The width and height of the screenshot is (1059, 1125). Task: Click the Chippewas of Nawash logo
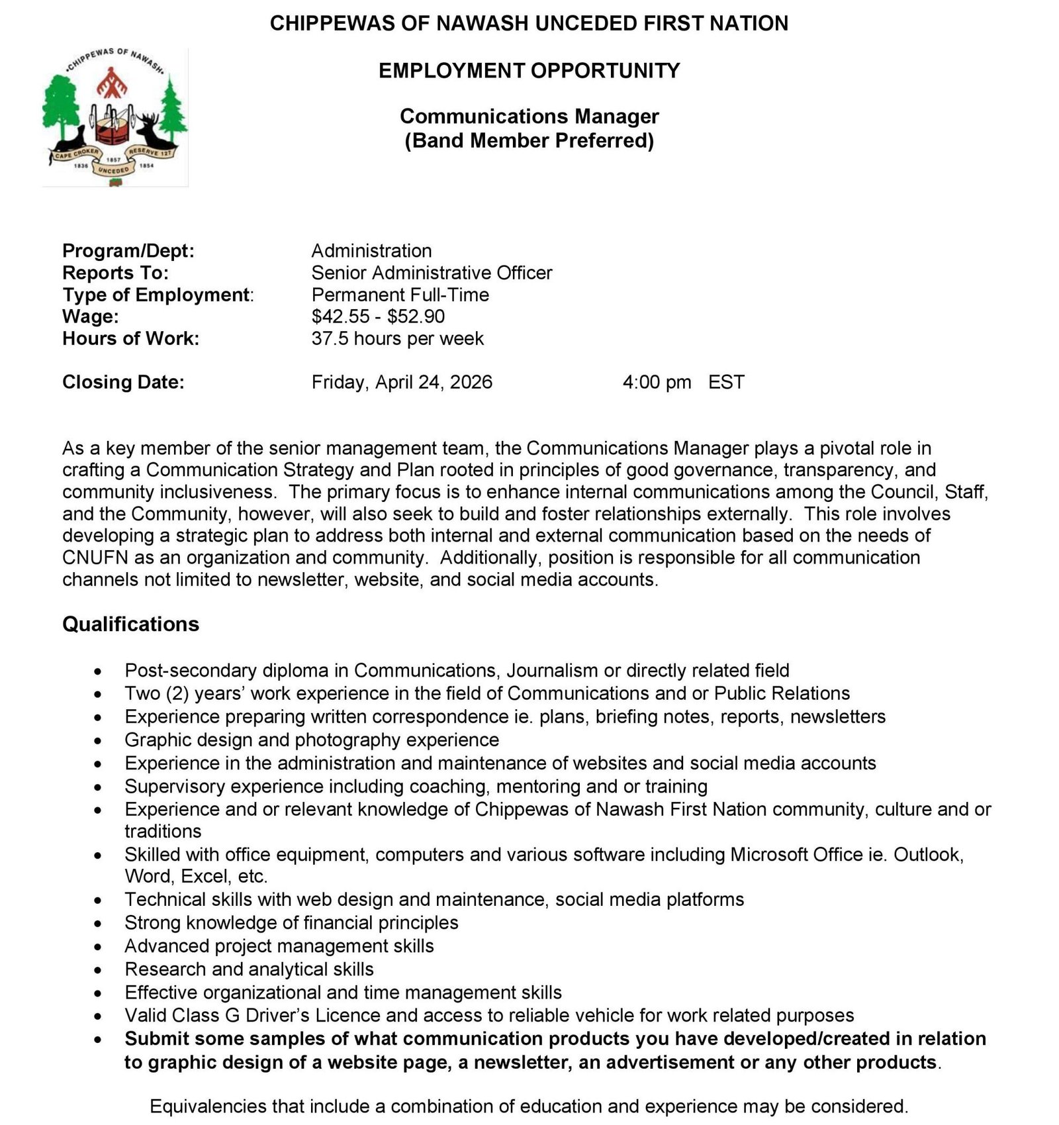pyautogui.click(x=115, y=117)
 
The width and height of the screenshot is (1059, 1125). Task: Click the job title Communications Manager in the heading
pyautogui.click(x=529, y=117)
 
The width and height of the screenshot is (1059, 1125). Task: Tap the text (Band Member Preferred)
pyautogui.click(x=529, y=140)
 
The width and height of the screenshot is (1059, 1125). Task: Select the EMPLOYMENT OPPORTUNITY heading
pyautogui.click(x=529, y=71)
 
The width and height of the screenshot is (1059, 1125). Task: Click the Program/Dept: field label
pyautogui.click(x=128, y=251)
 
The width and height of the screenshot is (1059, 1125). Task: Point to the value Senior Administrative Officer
pyautogui.click(x=432, y=273)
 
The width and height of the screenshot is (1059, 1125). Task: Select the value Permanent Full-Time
pyautogui.click(x=400, y=295)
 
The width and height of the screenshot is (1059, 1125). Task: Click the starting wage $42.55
pyautogui.click(x=340, y=317)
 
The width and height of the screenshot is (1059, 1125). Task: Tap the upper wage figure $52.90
pyautogui.click(x=416, y=317)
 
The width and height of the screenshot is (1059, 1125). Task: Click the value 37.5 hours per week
pyautogui.click(x=397, y=338)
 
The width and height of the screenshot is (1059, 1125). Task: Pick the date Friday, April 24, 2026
pyautogui.click(x=402, y=382)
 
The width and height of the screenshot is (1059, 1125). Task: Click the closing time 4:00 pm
pyautogui.click(x=656, y=382)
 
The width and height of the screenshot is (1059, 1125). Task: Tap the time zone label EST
pyautogui.click(x=726, y=382)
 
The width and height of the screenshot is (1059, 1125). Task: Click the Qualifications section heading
pyautogui.click(x=130, y=624)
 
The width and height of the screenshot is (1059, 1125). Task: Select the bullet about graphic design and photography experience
pyautogui.click(x=312, y=740)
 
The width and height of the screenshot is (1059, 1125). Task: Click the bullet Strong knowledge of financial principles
pyautogui.click(x=291, y=922)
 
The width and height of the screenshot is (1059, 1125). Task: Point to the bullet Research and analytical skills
pyautogui.click(x=249, y=969)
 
